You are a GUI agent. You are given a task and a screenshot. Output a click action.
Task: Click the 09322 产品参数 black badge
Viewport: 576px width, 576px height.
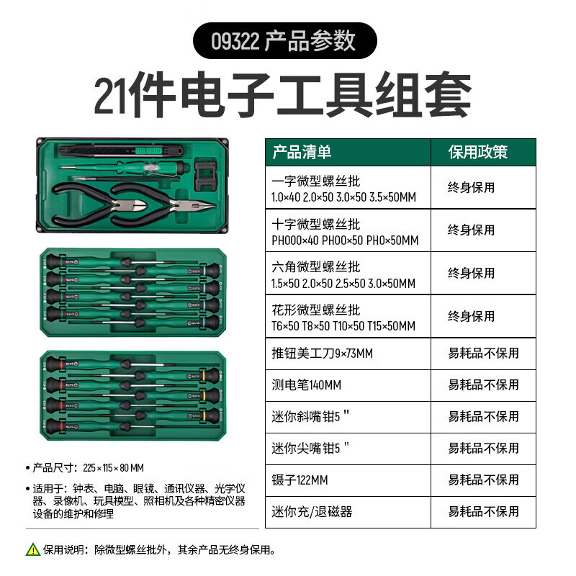coord(284,40)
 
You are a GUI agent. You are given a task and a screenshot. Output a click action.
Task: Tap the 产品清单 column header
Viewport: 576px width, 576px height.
coord(302,152)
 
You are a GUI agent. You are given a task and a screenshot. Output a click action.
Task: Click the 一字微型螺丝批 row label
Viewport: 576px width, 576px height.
coord(316,181)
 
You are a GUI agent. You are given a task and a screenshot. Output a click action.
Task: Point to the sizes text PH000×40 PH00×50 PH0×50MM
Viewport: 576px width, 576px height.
coord(345,240)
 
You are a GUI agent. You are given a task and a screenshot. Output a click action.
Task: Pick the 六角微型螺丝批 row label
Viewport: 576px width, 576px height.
coord(316,267)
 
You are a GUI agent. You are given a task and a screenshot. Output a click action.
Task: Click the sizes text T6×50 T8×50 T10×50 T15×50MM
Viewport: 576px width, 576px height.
coord(343,325)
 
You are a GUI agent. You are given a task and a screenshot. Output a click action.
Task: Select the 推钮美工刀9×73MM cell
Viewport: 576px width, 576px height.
coord(322,354)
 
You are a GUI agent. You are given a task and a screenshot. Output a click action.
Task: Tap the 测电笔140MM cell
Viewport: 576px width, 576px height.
coord(306,385)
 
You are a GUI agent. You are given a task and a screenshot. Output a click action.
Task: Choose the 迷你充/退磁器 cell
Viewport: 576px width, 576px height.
coord(312,511)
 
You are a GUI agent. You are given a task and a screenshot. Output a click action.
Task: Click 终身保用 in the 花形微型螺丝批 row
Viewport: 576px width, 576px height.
coord(472,316)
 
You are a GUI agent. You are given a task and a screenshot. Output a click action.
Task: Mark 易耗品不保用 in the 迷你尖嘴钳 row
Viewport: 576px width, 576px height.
coord(483,448)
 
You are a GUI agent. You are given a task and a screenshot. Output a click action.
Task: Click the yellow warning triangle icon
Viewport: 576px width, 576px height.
coord(33,549)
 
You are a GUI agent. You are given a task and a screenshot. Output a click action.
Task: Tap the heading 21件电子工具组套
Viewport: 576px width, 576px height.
coord(283,96)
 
